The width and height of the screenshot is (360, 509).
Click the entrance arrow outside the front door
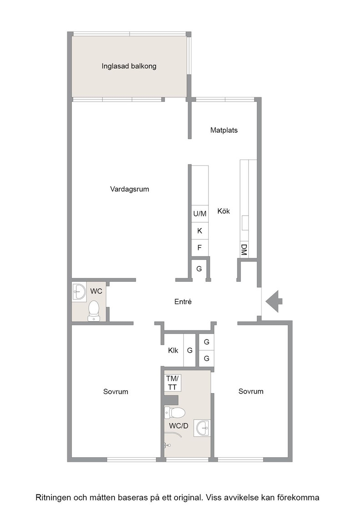pyautogui.click(x=274, y=301)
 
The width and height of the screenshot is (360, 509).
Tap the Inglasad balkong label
pyautogui.click(x=129, y=66)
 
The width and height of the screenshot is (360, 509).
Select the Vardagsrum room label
pyautogui.click(x=130, y=189)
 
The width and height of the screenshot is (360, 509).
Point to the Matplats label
pyautogui.click(x=224, y=130)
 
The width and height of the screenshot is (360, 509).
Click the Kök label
pyautogui.click(x=224, y=211)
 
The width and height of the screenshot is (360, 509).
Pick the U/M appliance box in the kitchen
pyautogui.click(x=200, y=214)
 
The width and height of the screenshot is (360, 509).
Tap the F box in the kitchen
pyautogui.click(x=200, y=248)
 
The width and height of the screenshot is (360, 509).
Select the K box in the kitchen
pyautogui.click(x=200, y=231)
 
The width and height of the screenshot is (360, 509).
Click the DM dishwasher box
pyautogui.click(x=244, y=250)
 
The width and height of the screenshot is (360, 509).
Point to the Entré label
pyautogui.click(x=183, y=302)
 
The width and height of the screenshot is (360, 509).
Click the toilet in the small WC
pyautogui.click(x=94, y=311)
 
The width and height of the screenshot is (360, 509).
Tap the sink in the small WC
pyautogui.click(x=79, y=292)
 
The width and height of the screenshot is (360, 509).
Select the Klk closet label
pyautogui.click(x=173, y=350)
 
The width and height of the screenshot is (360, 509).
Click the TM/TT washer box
pyautogui.click(x=172, y=383)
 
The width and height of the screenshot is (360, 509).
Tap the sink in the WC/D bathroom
pyautogui.click(x=202, y=428)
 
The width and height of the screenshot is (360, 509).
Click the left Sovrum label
pyautogui.click(x=115, y=391)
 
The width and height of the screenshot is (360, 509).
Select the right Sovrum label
pyautogui.click(x=251, y=391)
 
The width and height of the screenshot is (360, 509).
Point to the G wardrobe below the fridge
pyautogui.click(x=199, y=269)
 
